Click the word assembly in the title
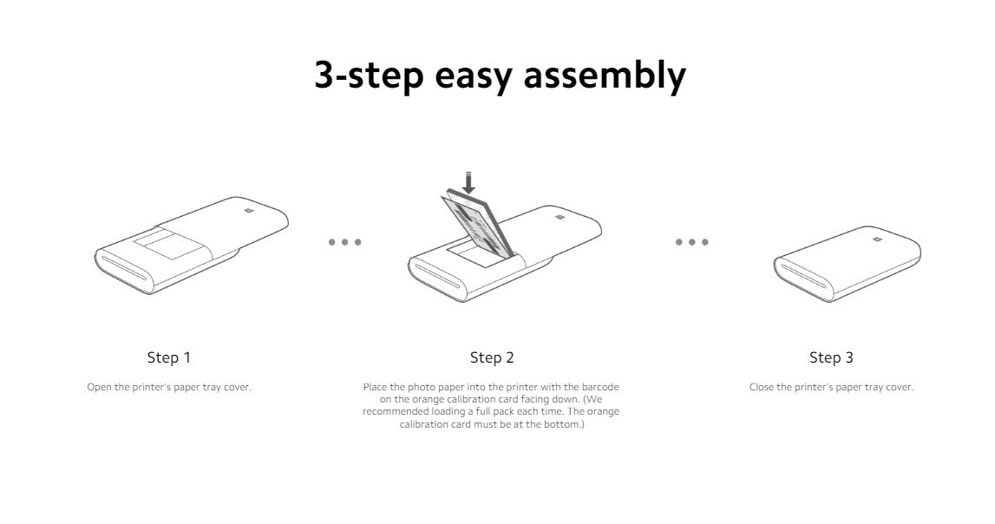pos(604,75)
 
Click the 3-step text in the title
pos(370,75)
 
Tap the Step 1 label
pos(169,357)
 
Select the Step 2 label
pos(492,357)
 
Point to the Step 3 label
pos(831,357)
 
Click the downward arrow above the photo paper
pos(469,183)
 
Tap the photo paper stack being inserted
pos(477,226)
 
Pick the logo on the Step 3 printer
pos(876,239)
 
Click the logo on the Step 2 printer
pos(560,218)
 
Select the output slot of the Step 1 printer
pos(124,266)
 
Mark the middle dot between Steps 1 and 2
pos(344,242)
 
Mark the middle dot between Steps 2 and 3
pos(691,242)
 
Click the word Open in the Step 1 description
pos(99,388)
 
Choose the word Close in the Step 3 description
pos(762,387)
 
